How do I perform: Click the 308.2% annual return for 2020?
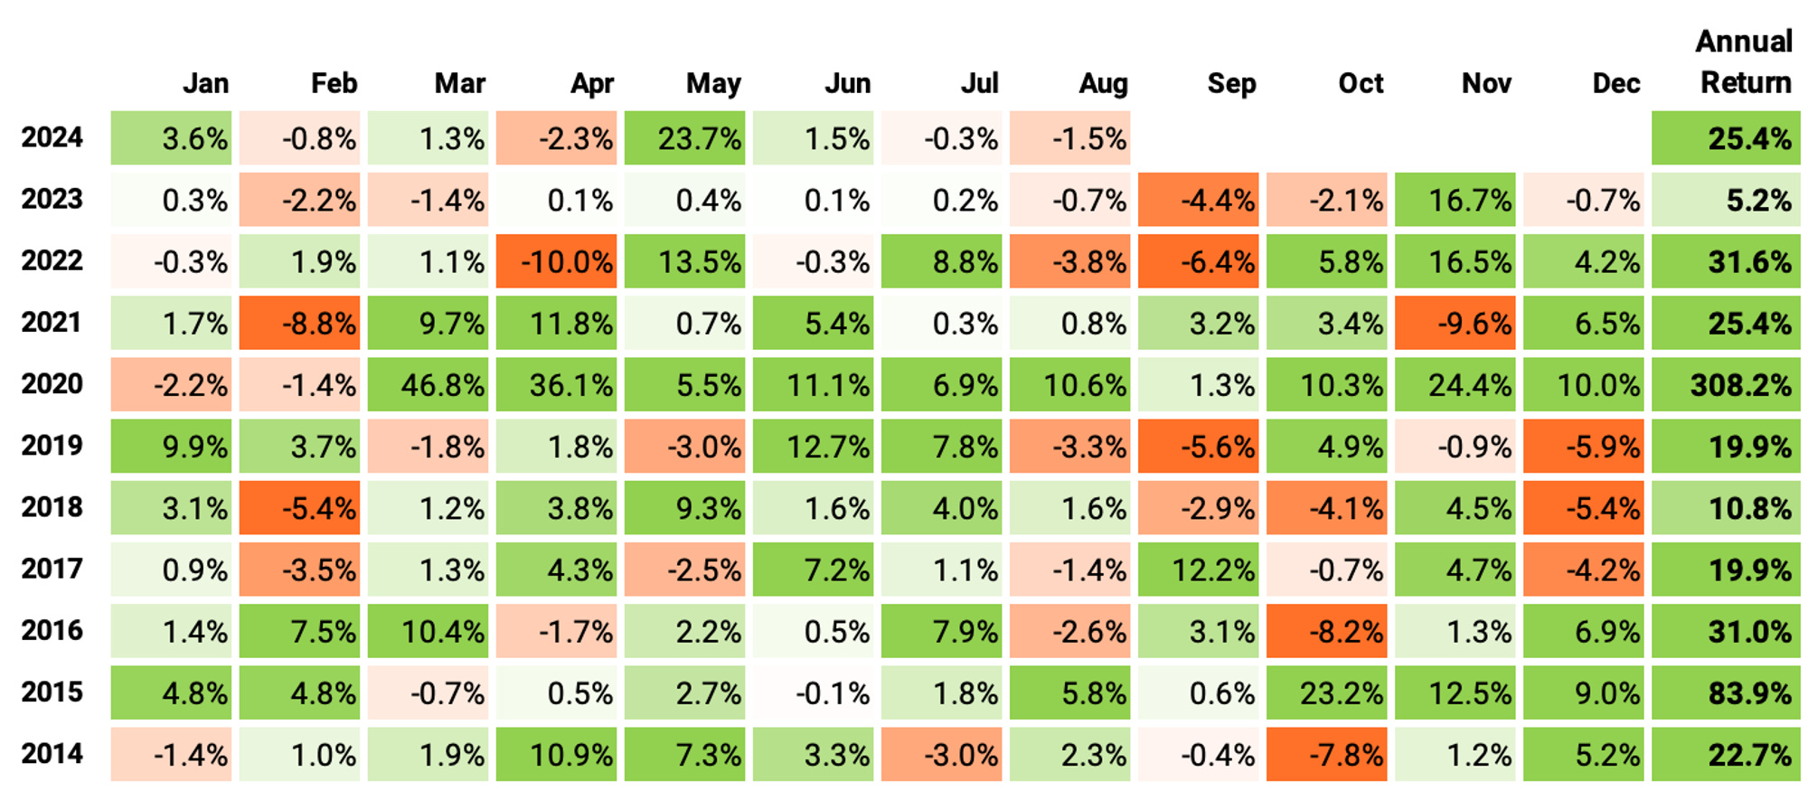pyautogui.click(x=1725, y=385)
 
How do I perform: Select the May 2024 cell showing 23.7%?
pyautogui.click(x=684, y=138)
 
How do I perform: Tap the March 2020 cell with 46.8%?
pyautogui.click(x=428, y=385)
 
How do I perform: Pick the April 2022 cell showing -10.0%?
pyautogui.click(x=556, y=262)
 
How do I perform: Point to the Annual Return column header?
pyautogui.click(x=1744, y=62)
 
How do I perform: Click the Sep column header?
pyautogui.click(x=1231, y=84)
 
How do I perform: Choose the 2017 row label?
pyautogui.click(x=52, y=570)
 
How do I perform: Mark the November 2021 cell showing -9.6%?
pyautogui.click(x=1455, y=324)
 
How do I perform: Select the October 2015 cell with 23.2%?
pyautogui.click(x=1326, y=693)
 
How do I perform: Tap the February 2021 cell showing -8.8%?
pyautogui.click(x=299, y=324)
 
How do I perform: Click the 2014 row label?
pyautogui.click(x=52, y=754)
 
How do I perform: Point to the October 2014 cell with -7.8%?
pyautogui.click(x=1326, y=755)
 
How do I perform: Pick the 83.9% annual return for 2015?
pyautogui.click(x=1725, y=693)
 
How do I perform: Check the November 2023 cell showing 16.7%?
pyautogui.click(x=1455, y=200)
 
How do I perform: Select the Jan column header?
pyautogui.click(x=205, y=84)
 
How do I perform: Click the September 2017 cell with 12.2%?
pyautogui.click(x=1198, y=570)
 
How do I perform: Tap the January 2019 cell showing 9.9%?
pyautogui.click(x=171, y=447)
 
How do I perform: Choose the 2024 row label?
pyautogui.click(x=52, y=138)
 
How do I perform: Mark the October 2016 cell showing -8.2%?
pyautogui.click(x=1326, y=631)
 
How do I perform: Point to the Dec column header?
pyautogui.click(x=1615, y=84)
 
